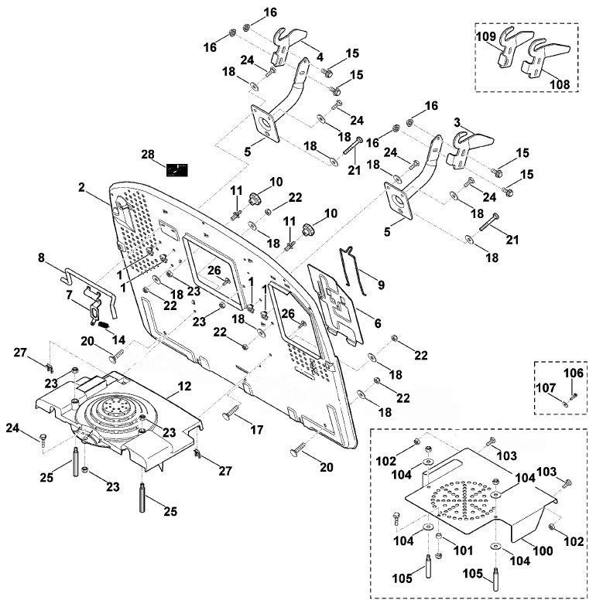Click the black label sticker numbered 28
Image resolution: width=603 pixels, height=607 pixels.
[176, 170]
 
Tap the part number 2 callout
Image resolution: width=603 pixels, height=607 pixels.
[81, 187]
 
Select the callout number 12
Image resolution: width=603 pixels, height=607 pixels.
[184, 386]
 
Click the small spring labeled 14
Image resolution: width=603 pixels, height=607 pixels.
[103, 326]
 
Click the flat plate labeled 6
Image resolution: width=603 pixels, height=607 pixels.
[336, 305]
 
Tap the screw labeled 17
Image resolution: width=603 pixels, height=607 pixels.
[231, 412]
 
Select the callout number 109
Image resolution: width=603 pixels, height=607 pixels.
[486, 36]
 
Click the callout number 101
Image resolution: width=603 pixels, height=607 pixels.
[463, 550]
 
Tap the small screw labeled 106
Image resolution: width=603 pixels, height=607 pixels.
[574, 396]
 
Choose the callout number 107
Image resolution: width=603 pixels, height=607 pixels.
[546, 387]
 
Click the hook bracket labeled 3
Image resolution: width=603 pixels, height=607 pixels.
[470, 150]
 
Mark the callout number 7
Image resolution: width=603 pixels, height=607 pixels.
[69, 295]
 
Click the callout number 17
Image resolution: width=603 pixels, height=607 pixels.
[256, 430]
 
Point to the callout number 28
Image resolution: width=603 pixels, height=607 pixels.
[148, 155]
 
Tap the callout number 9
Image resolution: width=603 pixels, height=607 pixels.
[381, 285]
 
